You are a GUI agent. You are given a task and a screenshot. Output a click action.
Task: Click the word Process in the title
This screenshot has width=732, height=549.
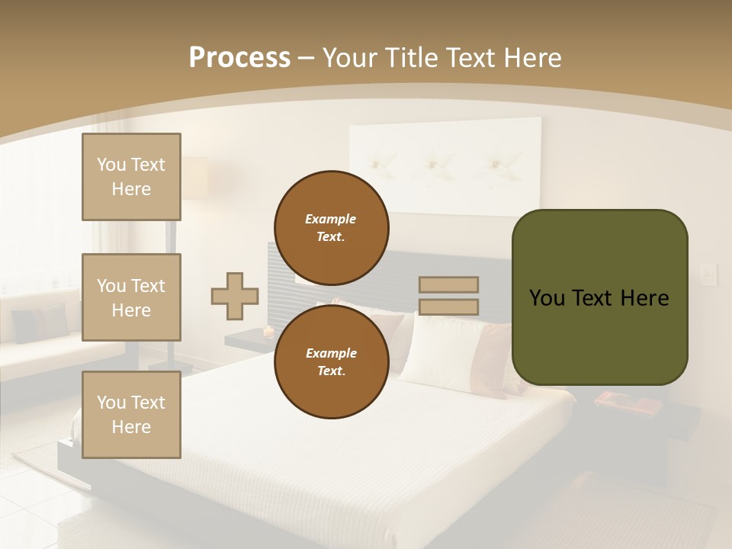[239, 58]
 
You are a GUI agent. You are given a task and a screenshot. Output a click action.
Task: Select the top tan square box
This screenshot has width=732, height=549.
[131, 177]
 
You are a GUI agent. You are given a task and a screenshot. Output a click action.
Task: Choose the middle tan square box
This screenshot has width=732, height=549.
[131, 297]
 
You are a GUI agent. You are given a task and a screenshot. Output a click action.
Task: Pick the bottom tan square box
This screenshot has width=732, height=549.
[131, 415]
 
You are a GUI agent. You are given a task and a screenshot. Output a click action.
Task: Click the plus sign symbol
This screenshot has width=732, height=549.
[235, 296]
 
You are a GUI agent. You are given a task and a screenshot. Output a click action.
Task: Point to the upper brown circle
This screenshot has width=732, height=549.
[332, 228]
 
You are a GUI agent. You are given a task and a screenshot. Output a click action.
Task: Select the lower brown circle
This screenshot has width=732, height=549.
[332, 362]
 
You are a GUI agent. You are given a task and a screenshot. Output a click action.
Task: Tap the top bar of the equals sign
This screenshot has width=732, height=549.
[448, 284]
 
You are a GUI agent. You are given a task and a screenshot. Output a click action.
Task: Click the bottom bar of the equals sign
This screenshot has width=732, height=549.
[448, 307]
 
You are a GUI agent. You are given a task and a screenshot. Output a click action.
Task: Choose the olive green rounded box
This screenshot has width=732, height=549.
[600, 297]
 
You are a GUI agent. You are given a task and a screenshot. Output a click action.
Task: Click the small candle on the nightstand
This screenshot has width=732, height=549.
[268, 331]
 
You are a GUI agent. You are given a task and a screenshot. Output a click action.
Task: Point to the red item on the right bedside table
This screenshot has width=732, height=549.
[616, 399]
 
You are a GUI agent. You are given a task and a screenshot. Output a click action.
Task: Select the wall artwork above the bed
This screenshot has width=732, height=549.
[445, 165]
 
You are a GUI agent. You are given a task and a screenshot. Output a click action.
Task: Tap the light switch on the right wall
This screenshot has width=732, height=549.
[709, 274]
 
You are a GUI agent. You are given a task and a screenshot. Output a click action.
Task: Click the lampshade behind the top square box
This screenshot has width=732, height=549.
[195, 178]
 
